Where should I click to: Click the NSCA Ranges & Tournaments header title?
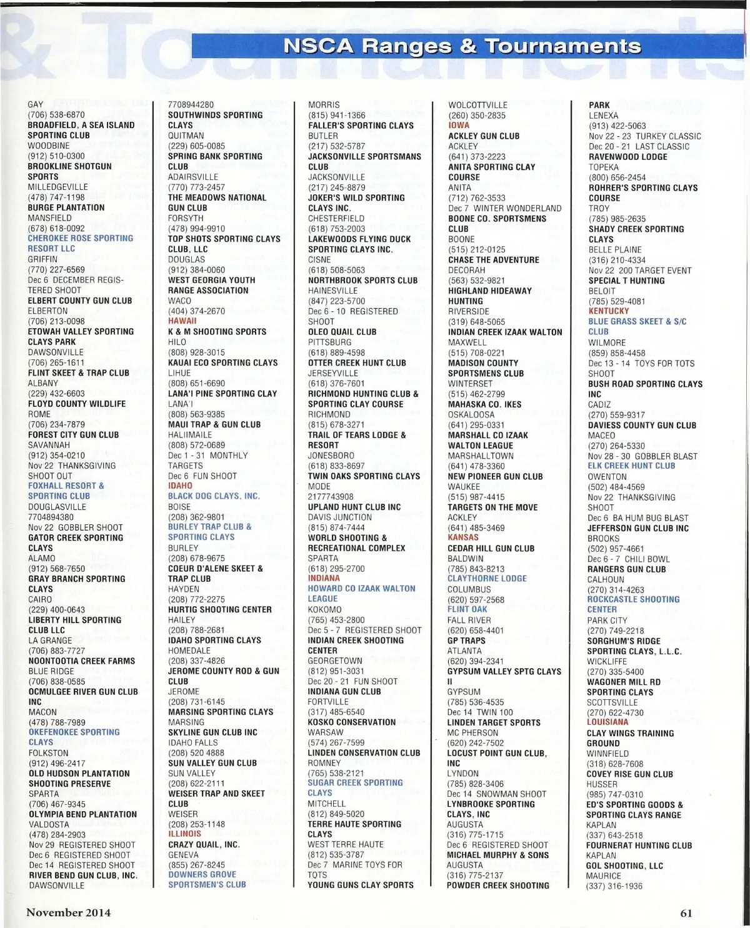coord(462,46)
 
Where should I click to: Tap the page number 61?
coord(686,913)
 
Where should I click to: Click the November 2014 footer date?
coord(68,912)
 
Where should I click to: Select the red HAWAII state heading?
coord(182,321)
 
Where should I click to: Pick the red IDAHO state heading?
coord(180,486)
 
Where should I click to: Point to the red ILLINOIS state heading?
coord(184,834)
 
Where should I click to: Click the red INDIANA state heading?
coord(324,578)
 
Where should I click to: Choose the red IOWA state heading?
coord(459,125)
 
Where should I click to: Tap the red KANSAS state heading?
coord(463,537)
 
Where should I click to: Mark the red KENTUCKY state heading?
coord(608,311)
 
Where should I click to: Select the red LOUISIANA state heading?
coord(607,722)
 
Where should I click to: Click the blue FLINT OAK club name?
coord(467,609)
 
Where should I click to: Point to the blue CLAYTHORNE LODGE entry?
coord(487,579)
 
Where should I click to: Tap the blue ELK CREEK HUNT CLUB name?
coord(631,466)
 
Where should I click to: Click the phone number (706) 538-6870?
coord(56,115)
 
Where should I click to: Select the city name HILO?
coord(177,342)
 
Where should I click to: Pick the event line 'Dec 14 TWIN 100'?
coord(479,712)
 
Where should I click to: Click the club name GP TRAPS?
coord(466,640)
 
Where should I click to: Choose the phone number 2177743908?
coord(331,497)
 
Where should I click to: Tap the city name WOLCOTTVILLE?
coord(477,105)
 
